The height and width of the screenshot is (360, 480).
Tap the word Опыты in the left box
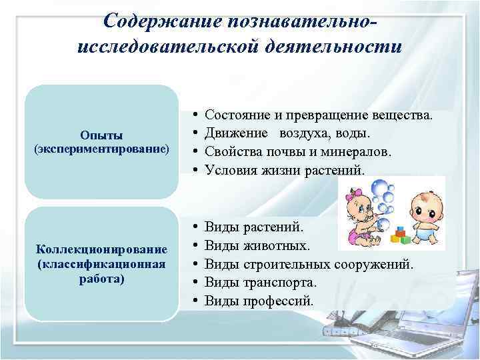pos(101,135)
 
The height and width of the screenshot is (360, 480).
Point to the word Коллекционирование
pos(101,249)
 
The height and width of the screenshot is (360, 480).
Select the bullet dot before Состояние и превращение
pos(192,116)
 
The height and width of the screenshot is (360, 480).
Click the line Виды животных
pos(257,247)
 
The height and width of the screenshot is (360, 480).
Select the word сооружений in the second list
pos(375,265)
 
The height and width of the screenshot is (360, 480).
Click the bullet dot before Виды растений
pos(192,229)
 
